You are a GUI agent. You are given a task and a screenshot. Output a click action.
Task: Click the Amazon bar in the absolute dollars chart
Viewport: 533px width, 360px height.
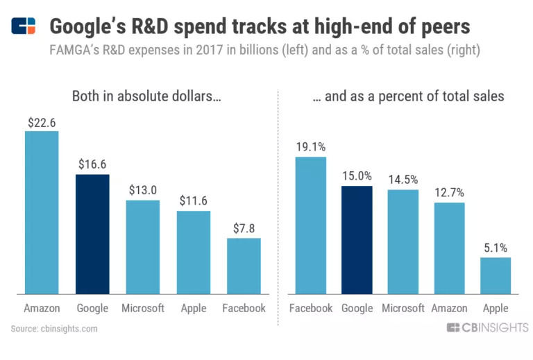click(x=42, y=212)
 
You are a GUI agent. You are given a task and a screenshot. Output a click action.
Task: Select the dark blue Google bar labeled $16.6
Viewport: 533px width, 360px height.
click(x=92, y=234)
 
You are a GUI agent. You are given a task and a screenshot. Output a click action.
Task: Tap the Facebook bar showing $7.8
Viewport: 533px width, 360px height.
click(x=244, y=266)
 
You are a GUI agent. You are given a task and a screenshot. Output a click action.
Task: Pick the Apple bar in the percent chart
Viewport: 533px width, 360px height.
click(x=496, y=275)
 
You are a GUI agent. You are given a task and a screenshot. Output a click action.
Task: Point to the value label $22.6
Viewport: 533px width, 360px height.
click(x=42, y=122)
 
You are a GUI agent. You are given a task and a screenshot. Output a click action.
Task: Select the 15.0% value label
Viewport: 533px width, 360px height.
click(x=357, y=177)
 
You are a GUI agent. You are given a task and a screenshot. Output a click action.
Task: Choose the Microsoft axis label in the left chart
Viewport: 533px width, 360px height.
click(x=142, y=308)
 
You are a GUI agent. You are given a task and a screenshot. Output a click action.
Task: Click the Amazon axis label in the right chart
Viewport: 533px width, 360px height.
click(x=448, y=308)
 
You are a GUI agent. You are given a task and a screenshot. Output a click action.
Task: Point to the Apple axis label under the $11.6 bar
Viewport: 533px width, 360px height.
click(x=193, y=308)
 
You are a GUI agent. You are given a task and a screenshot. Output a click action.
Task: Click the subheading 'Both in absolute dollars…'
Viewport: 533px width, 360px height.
click(x=146, y=96)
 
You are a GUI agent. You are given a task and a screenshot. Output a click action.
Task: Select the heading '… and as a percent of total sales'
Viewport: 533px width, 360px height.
click(x=408, y=96)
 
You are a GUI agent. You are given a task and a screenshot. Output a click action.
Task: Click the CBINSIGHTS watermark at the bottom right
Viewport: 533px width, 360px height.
click(x=487, y=328)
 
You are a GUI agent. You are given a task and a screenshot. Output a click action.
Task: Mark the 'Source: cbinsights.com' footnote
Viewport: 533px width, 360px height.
click(x=55, y=328)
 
